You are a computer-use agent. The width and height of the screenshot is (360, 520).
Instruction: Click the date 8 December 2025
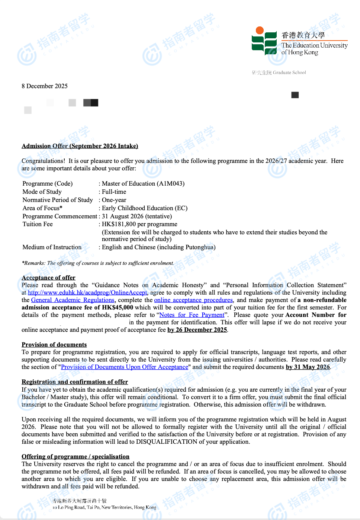(x=45, y=86)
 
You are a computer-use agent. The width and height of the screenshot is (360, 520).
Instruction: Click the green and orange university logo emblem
(x=264, y=41)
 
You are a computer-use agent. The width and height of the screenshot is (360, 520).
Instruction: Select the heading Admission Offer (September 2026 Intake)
(x=80, y=146)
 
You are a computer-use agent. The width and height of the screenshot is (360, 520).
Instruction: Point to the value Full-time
(x=114, y=192)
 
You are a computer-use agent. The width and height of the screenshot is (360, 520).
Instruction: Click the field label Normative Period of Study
(x=58, y=200)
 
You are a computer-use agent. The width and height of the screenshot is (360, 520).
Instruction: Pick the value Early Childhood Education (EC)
(x=145, y=208)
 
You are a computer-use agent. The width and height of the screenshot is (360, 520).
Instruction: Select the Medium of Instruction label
(x=52, y=247)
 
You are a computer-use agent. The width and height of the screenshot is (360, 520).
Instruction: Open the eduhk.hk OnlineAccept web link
(x=87, y=293)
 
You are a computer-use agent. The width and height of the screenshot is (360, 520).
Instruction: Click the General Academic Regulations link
(x=73, y=300)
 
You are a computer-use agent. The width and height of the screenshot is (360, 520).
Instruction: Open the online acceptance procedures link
(x=193, y=300)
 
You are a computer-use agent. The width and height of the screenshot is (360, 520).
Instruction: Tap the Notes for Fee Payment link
(x=192, y=315)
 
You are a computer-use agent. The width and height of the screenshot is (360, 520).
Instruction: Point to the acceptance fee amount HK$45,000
(x=118, y=308)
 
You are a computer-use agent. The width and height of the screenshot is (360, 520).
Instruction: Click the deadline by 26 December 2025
(x=197, y=330)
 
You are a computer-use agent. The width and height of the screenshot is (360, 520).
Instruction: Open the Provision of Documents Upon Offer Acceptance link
(x=125, y=367)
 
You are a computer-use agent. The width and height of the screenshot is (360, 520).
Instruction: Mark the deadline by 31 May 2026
(x=308, y=367)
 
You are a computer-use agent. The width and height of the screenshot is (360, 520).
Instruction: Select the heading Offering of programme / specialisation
(x=75, y=457)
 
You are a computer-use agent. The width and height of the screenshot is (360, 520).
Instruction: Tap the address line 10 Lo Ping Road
(x=104, y=507)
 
